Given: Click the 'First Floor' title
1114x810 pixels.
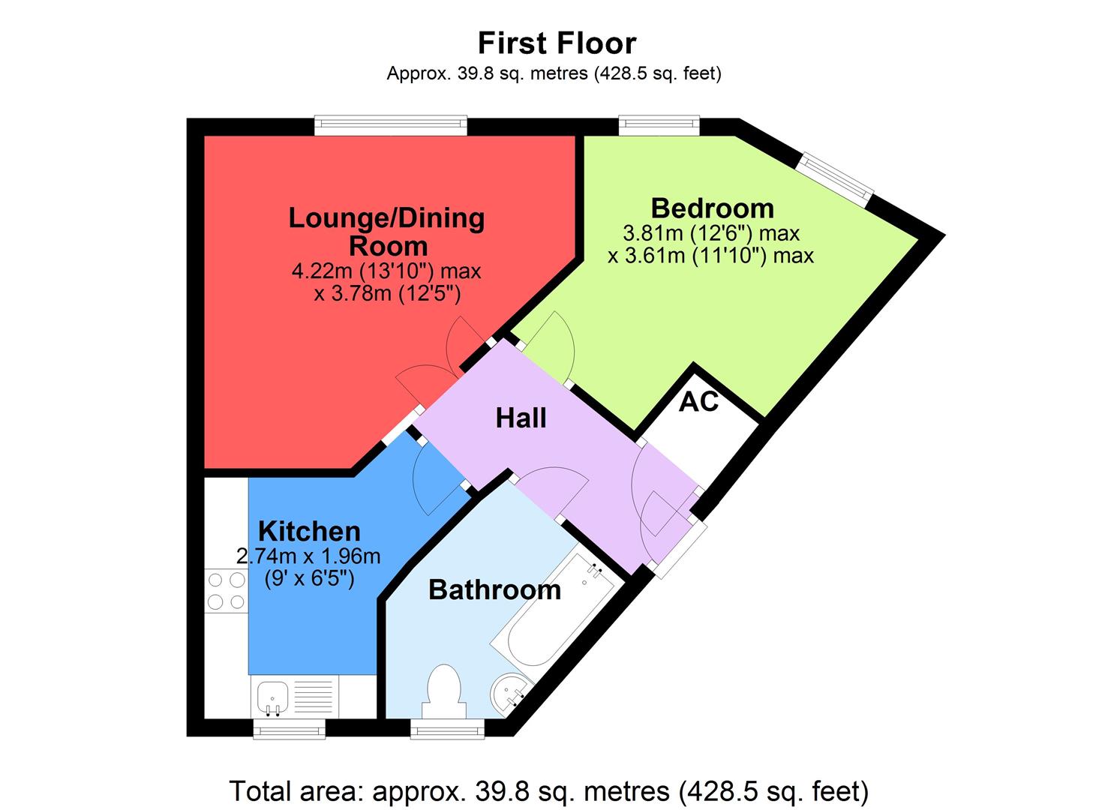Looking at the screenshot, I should (557, 43).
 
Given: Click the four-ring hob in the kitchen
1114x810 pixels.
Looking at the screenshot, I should (226, 590).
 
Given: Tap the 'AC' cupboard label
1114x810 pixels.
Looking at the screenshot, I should (698, 402).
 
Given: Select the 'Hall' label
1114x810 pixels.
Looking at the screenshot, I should (521, 418).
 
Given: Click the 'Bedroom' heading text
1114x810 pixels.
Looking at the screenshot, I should (712, 207).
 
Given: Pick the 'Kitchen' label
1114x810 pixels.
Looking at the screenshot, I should (309, 531).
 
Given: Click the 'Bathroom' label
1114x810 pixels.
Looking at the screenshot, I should (494, 589).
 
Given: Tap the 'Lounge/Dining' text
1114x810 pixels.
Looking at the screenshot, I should (386, 218).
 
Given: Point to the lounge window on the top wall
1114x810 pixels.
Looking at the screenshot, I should (390, 126).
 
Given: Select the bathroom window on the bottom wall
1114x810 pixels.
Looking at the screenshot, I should (448, 728).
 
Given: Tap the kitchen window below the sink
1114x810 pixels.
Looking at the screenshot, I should (289, 728).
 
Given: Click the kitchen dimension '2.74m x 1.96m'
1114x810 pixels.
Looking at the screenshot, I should (308, 556).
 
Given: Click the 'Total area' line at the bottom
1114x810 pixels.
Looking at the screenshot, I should (548, 790).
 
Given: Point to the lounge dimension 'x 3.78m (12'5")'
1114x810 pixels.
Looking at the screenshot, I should (387, 293).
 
